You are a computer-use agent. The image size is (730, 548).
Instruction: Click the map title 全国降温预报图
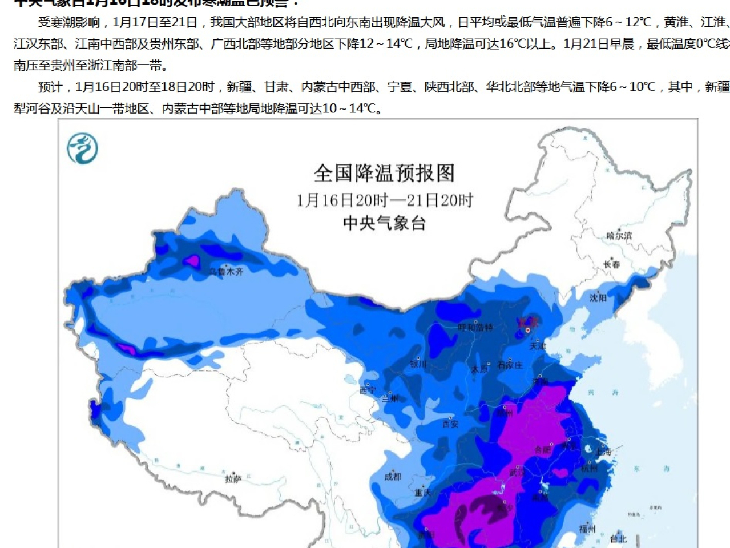pyautogui.click(x=384, y=173)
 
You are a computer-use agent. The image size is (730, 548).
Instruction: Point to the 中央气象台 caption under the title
pyautogui.click(x=384, y=223)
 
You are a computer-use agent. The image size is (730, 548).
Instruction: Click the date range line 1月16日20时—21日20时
pyautogui.click(x=384, y=200)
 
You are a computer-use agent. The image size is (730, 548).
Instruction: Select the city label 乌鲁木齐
pyautogui.click(x=227, y=272)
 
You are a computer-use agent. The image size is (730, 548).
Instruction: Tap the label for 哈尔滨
pyautogui.click(x=619, y=235)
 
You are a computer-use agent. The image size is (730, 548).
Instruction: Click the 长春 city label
pyautogui.click(x=612, y=264)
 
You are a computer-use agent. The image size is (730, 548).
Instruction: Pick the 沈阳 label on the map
pyautogui.click(x=598, y=298)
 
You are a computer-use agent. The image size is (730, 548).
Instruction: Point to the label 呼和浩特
pyautogui.click(x=475, y=327)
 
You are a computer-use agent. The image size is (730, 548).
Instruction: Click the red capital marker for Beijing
pyautogui.click(x=529, y=330)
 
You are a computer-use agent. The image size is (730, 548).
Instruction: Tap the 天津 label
pyautogui.click(x=538, y=346)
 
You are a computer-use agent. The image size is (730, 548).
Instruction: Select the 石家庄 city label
pyautogui.click(x=510, y=365)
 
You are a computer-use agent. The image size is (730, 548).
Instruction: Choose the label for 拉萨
pyautogui.click(x=233, y=479)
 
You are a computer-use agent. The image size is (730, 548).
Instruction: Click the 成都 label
pyautogui.click(x=393, y=477)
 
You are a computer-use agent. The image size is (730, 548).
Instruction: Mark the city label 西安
pyautogui.click(x=450, y=424)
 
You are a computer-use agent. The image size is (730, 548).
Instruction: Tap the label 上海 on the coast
pyautogui.click(x=603, y=452)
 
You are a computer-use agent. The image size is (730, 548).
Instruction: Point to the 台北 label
pyautogui.click(x=618, y=538)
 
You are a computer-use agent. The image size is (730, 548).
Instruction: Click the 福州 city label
pyautogui.click(x=588, y=529)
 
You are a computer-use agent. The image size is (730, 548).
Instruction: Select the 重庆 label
pyautogui.click(x=423, y=493)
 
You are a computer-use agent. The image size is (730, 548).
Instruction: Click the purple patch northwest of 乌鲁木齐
pyautogui.click(x=191, y=261)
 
